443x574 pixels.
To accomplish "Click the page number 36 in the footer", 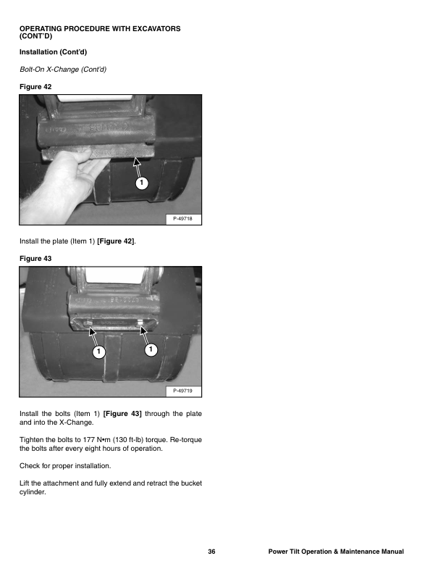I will click(211, 552).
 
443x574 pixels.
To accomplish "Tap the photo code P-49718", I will click(185, 218).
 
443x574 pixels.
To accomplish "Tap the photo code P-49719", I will click(185, 391).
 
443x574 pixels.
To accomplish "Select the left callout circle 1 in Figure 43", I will click(98, 352).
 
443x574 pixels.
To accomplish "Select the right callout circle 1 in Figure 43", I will click(150, 351).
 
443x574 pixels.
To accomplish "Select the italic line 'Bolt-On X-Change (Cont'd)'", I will click(62, 70).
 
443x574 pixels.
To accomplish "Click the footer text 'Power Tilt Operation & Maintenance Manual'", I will click(335, 552).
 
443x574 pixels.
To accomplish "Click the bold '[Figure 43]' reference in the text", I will click(122, 414).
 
